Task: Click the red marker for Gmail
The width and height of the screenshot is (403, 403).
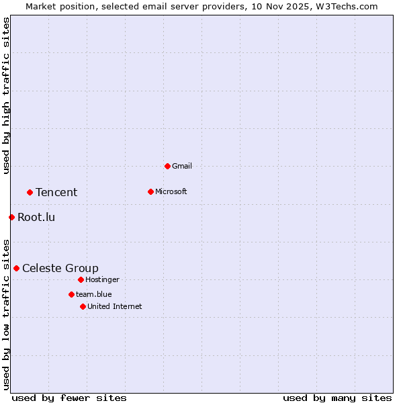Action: coord(167,166)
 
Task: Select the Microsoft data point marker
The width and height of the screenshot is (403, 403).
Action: coord(150,191)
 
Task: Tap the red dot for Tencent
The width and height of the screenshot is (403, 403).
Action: coord(30,192)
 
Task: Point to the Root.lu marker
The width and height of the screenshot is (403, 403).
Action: coord(11,217)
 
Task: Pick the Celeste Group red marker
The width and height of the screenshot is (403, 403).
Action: coord(16,268)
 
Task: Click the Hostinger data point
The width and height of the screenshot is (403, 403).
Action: coord(81,279)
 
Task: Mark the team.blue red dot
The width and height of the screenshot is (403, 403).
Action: coord(71,294)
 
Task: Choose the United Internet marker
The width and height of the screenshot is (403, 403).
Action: coord(83,306)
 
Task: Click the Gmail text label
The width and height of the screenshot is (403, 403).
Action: coord(182,166)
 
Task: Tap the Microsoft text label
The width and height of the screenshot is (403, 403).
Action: coord(171,191)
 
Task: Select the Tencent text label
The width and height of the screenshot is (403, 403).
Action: coord(56,193)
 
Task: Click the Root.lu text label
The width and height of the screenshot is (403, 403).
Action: coord(36,217)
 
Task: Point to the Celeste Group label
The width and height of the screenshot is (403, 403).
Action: coord(60,269)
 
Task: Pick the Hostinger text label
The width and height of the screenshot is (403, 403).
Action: coord(102,279)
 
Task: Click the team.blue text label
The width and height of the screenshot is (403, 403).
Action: coord(93,294)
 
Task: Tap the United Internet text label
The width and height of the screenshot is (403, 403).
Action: coord(114,306)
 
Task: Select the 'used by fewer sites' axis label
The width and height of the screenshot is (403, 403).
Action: coord(69,398)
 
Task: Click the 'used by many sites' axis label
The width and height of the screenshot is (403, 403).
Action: coord(337,398)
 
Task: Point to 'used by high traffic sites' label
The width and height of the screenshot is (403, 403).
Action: coord(6,95)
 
